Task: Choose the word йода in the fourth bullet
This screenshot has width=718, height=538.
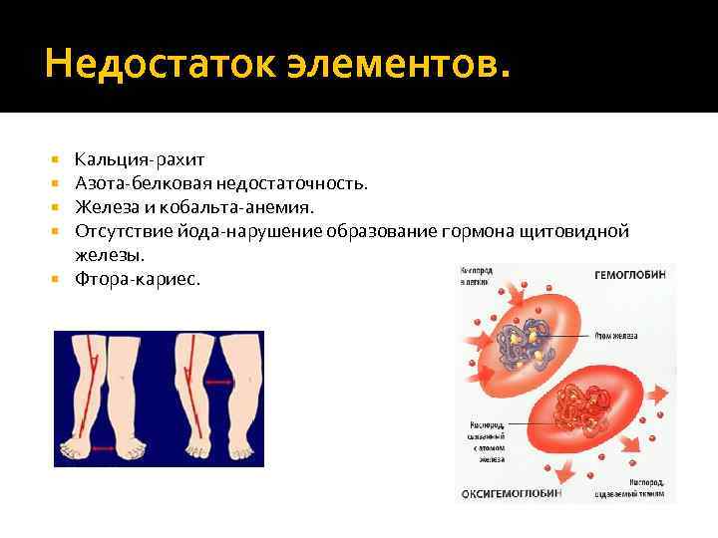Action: (x=183, y=231)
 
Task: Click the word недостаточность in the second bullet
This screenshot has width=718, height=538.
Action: (x=299, y=183)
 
